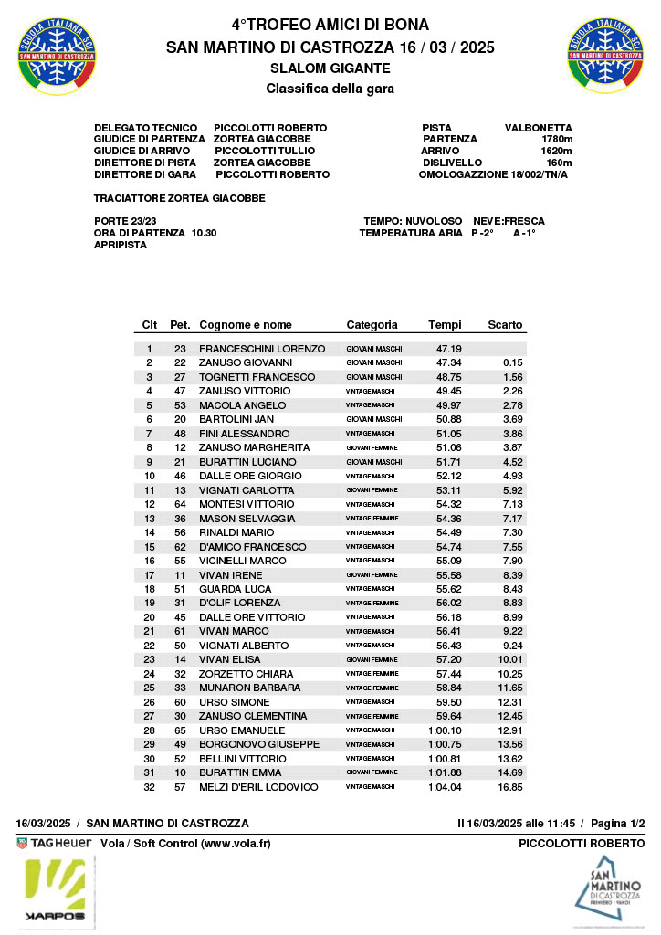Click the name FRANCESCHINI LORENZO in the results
262,349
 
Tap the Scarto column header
505,325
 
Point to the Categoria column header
372,325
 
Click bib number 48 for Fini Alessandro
180,434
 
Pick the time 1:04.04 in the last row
445,787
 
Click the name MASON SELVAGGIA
247,519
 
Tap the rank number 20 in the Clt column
150,617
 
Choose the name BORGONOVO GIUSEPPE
259,744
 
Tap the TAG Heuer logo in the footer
54,844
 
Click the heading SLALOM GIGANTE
330,68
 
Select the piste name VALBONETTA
539,128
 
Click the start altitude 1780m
556,139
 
